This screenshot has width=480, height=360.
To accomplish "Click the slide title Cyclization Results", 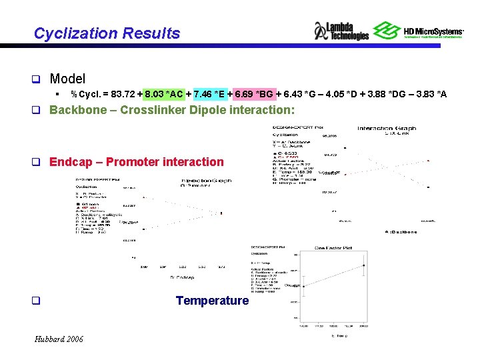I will tap(107, 33).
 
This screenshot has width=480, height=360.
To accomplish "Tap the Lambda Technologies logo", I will tap(341, 31).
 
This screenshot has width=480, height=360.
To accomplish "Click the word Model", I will tap(67, 79).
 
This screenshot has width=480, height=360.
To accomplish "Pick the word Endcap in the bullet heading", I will tap(71, 161).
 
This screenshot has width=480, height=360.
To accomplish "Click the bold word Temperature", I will tap(212, 301).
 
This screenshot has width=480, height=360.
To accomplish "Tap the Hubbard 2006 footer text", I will tap(59, 339).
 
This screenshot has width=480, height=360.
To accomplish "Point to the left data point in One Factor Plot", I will tap(304, 286).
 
